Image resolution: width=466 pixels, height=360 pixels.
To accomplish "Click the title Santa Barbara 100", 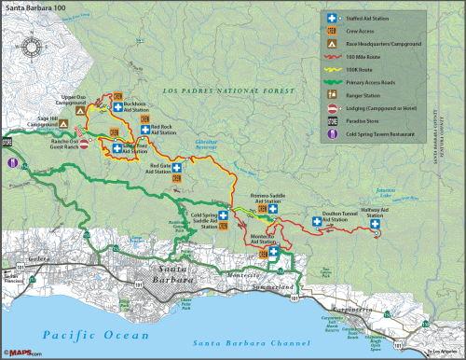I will [x=33, y=7].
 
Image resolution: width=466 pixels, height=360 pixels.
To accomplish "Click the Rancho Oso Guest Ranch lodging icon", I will [x=84, y=145].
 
